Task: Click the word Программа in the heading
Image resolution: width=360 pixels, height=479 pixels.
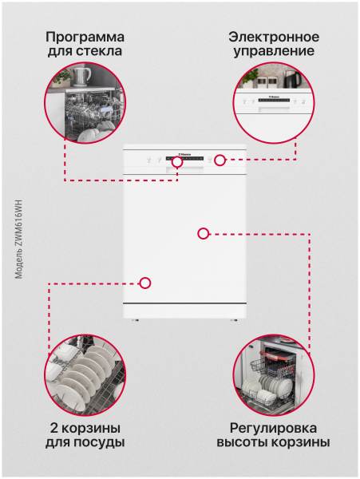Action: click(x=85, y=38)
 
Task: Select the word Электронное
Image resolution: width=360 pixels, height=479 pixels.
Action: click(x=274, y=37)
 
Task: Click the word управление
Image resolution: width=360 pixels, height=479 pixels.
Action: click(x=274, y=52)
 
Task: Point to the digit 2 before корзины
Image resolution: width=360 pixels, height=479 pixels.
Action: click(x=54, y=428)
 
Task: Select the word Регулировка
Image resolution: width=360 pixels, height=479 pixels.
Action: click(x=273, y=429)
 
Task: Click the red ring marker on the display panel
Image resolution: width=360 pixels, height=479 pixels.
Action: click(x=177, y=162)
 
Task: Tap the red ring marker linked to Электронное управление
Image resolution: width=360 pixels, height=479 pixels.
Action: click(x=220, y=160)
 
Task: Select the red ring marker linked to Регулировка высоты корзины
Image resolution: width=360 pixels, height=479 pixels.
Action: click(x=204, y=234)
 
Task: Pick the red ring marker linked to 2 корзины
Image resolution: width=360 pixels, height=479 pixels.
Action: click(x=145, y=283)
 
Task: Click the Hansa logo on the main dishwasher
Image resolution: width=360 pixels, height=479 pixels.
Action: click(x=184, y=154)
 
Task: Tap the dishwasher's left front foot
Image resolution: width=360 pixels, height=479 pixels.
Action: click(x=136, y=320)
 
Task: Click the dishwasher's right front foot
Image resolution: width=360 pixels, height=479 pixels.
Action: click(x=234, y=320)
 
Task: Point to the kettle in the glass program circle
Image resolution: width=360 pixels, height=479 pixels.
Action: click(x=81, y=77)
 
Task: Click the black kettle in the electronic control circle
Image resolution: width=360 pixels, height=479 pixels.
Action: click(x=292, y=79)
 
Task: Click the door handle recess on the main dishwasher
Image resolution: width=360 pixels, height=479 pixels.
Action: click(x=184, y=170)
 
